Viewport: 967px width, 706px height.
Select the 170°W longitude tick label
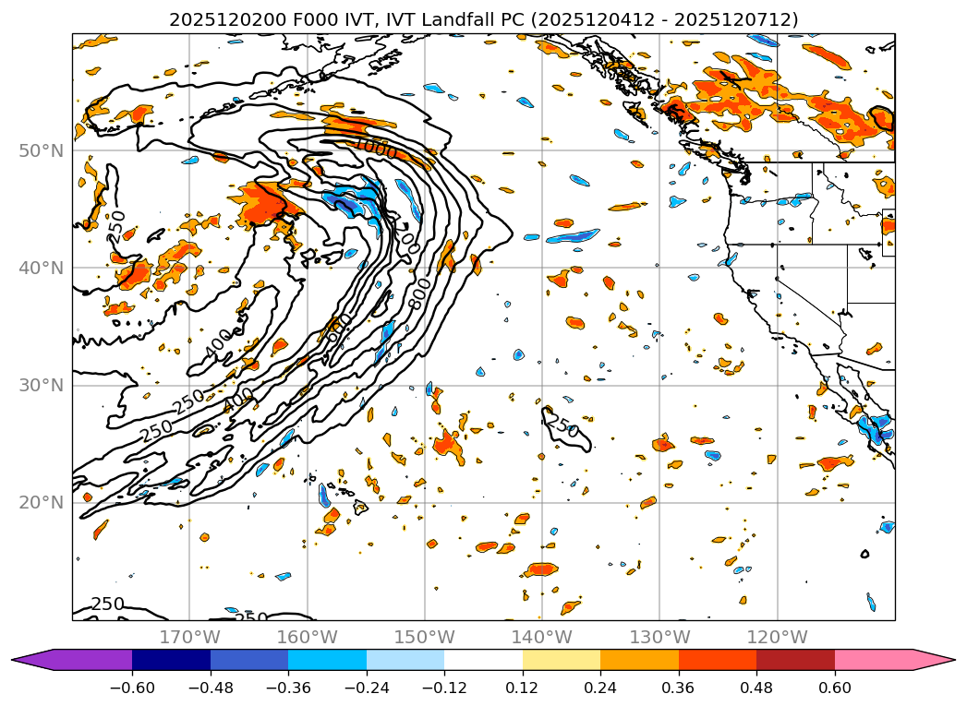click(189, 637)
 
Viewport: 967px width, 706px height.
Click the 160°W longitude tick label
click(307, 637)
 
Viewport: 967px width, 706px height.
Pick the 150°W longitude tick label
click(424, 637)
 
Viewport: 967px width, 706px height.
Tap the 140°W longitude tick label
click(541, 637)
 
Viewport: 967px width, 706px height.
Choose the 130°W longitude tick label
click(659, 637)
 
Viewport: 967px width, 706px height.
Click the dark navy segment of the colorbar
click(172, 660)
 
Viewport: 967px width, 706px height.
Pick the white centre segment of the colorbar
click(483, 660)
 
